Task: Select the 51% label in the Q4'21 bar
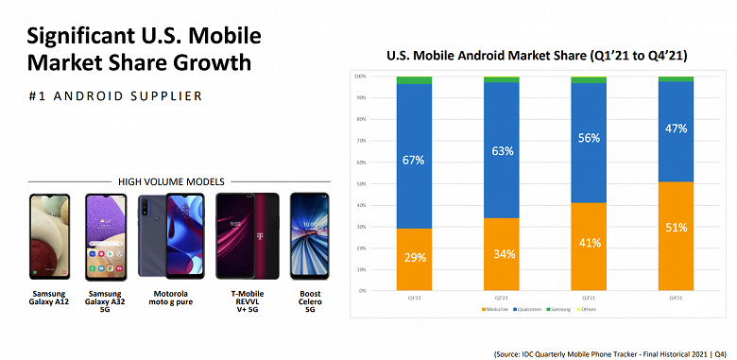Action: tap(675, 227)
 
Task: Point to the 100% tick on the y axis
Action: tap(360, 76)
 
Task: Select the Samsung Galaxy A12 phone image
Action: tap(50, 237)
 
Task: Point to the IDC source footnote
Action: tap(611, 352)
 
